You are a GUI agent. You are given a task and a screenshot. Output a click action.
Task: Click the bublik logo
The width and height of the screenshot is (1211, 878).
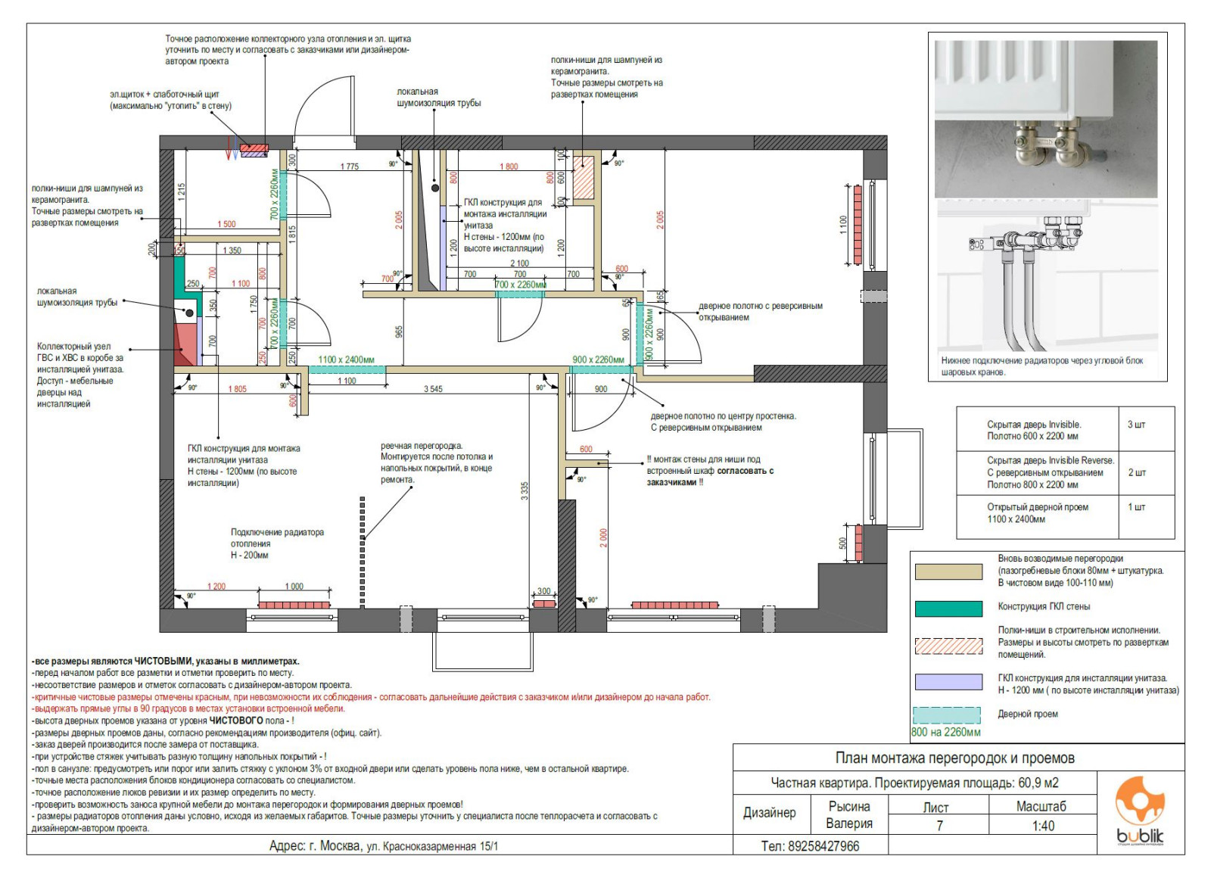[1141, 811]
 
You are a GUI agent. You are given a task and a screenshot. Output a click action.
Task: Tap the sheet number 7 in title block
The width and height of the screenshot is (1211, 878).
[939, 826]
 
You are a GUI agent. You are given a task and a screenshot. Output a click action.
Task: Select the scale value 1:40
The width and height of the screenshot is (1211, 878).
[1042, 826]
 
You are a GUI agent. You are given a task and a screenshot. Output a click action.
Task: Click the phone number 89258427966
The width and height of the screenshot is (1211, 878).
[811, 846]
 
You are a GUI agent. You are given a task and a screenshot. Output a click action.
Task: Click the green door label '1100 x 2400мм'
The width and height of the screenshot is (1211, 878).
[346, 360]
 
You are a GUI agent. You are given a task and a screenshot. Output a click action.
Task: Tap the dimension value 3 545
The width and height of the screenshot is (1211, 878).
[433, 389]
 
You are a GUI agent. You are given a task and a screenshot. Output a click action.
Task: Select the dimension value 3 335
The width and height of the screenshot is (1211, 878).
[525, 490]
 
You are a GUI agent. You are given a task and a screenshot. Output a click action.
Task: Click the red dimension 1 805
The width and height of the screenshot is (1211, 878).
[237, 389]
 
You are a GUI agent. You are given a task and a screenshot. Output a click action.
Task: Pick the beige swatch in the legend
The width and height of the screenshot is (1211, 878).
[948, 571]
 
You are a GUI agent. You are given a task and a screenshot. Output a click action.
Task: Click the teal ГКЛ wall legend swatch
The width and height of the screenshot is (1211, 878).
[948, 608]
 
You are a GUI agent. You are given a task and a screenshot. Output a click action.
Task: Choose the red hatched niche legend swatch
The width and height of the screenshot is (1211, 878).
[948, 645]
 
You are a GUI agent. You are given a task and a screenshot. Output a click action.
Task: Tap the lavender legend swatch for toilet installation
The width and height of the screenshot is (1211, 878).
[948, 681]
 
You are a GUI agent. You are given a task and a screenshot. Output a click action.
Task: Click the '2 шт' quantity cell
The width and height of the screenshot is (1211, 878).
[1136, 472]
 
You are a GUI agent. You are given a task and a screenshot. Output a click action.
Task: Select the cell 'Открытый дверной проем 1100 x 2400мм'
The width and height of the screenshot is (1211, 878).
[1038, 513]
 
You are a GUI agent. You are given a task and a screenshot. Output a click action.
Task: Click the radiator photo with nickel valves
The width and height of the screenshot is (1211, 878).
[1046, 119]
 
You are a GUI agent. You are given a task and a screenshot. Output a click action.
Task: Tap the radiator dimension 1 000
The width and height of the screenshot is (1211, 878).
[294, 587]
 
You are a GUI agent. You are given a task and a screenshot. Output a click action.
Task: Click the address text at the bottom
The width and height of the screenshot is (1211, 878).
[384, 846]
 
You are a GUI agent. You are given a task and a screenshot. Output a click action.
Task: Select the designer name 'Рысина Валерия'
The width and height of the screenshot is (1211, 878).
[848, 815]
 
